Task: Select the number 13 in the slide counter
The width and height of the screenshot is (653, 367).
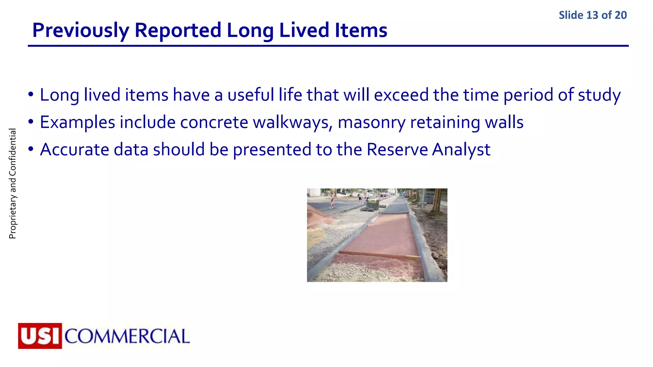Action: [x=592, y=15]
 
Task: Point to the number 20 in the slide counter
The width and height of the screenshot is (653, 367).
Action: [x=620, y=15]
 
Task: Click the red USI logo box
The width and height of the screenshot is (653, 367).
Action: [x=40, y=336]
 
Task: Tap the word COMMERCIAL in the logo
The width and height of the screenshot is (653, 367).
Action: [x=127, y=336]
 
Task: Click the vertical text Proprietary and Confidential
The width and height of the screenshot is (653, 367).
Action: [x=12, y=183]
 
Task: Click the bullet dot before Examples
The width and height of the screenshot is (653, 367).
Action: [x=31, y=122]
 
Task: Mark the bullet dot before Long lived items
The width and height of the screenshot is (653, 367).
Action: [x=31, y=95]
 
